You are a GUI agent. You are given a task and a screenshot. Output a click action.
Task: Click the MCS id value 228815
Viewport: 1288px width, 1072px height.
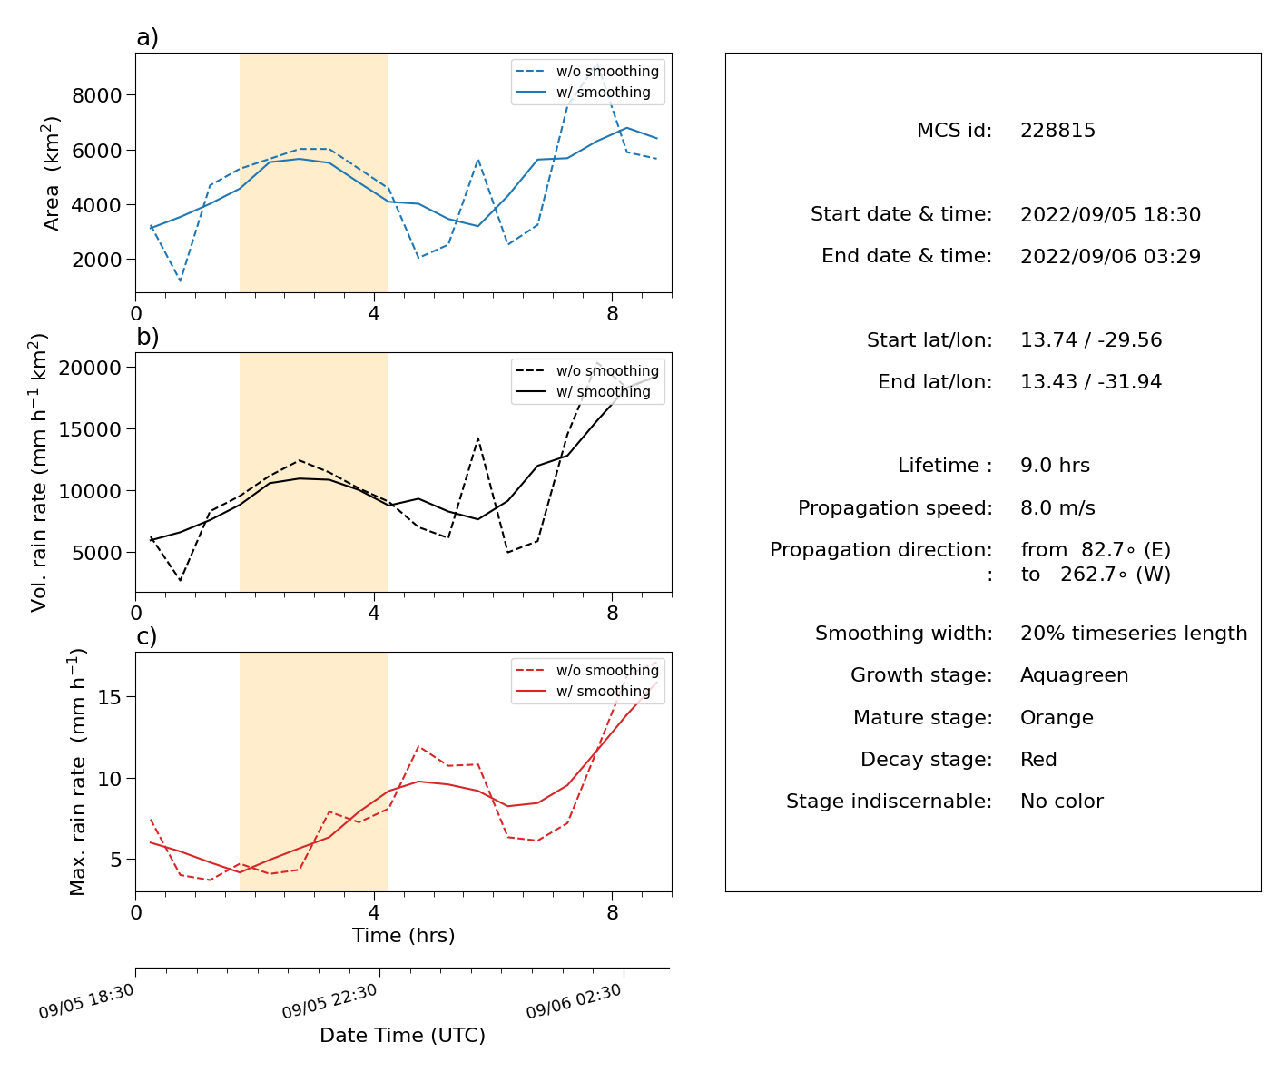tap(1057, 130)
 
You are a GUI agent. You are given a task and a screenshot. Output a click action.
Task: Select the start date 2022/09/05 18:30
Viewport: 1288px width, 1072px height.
tap(1110, 214)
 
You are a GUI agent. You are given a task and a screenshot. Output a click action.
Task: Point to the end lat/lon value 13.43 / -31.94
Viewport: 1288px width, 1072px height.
tap(1091, 381)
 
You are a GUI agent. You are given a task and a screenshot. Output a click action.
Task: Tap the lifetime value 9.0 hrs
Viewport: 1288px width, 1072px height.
tap(1054, 465)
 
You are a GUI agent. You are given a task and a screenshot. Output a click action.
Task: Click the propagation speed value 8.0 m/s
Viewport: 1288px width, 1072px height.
tap(1057, 507)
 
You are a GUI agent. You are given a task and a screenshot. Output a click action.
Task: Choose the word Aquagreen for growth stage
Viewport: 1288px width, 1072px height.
tap(1073, 674)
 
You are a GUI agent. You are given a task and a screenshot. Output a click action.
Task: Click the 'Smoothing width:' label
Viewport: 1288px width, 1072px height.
tap(903, 634)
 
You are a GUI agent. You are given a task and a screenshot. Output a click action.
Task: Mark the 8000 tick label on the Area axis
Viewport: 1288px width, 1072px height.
tap(96, 95)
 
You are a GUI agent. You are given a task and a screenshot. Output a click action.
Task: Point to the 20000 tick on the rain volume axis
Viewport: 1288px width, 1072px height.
tap(90, 368)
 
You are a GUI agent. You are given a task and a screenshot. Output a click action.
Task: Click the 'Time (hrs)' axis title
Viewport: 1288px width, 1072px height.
tap(403, 935)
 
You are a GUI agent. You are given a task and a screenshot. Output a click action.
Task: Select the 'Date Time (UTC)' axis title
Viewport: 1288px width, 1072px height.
tap(402, 1035)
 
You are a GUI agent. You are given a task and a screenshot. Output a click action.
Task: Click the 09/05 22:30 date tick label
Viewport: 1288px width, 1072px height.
tap(329, 1001)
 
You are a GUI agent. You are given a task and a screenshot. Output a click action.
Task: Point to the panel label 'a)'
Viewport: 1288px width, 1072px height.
tap(147, 37)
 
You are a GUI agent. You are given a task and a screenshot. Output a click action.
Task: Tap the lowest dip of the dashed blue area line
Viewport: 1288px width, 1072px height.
tap(180, 281)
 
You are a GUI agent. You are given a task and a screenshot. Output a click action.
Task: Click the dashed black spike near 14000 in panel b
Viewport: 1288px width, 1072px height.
tap(478, 438)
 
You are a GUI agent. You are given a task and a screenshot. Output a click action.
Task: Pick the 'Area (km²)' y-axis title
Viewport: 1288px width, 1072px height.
tap(51, 172)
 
